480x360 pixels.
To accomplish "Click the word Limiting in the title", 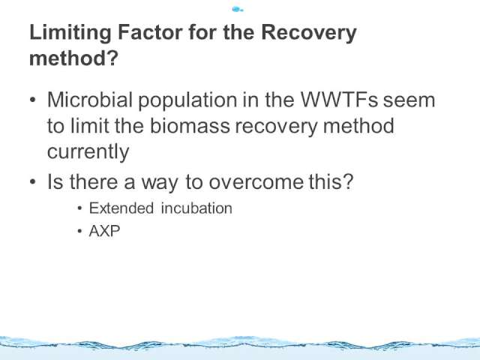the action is tap(70, 33).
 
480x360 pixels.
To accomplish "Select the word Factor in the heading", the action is tap(150, 31).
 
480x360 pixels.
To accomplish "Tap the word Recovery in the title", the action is tap(309, 33).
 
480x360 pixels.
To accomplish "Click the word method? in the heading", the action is tap(73, 58).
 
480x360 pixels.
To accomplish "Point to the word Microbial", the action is tap(90, 100).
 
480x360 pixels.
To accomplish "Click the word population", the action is tap(187, 100).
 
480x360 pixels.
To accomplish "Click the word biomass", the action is tap(190, 125).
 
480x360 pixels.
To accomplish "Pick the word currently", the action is tap(88, 152).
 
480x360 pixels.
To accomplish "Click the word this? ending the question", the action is tap(331, 181).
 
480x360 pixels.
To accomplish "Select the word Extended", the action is tap(121, 208).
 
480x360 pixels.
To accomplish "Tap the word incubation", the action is tap(196, 208).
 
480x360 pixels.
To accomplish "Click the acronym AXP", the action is tap(104, 231).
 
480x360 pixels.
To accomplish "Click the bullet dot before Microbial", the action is tap(33, 100).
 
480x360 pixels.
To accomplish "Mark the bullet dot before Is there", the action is tap(33, 181).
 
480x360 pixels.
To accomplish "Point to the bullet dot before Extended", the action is tap(80, 208).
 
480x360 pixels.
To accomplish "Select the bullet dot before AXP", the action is tap(80, 231).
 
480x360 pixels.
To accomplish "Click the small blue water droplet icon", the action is tap(237, 10).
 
